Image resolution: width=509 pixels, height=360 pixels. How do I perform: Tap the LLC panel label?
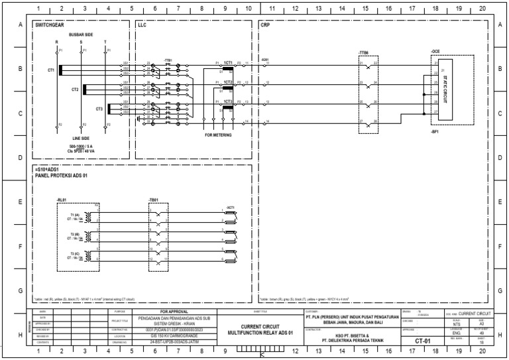click(142, 25)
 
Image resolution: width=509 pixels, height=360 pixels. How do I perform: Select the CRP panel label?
click(265, 25)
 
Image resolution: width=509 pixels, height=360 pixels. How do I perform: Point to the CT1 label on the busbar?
click(51, 70)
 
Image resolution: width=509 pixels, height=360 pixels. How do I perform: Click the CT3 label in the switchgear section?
click(99, 109)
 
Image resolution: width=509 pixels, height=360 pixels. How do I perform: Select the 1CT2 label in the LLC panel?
click(227, 81)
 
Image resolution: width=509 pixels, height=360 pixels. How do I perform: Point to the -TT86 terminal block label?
click(363, 51)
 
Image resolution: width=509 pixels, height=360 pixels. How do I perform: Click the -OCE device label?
click(435, 51)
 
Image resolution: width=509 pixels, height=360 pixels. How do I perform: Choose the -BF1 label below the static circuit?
click(435, 132)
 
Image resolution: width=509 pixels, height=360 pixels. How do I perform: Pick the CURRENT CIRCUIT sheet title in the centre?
click(259, 326)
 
